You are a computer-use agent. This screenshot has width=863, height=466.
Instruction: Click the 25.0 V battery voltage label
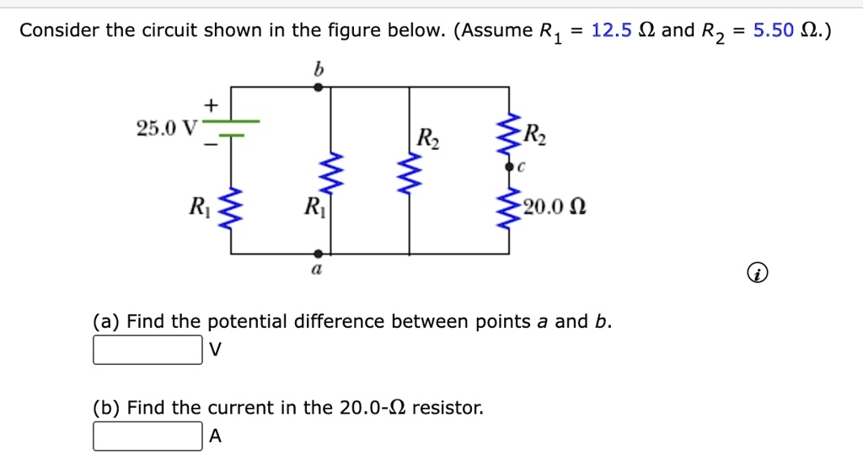click(166, 128)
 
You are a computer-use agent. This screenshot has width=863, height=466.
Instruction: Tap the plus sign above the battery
click(211, 104)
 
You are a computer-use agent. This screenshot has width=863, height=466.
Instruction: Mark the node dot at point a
click(318, 253)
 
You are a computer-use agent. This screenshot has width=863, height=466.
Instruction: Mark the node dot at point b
click(318, 87)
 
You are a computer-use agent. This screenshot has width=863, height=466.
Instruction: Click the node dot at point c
click(509, 169)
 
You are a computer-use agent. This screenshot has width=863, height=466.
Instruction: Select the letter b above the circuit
click(318, 71)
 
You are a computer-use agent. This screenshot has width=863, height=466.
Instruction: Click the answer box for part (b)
click(147, 437)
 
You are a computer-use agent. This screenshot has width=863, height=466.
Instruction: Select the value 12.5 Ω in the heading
click(624, 31)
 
